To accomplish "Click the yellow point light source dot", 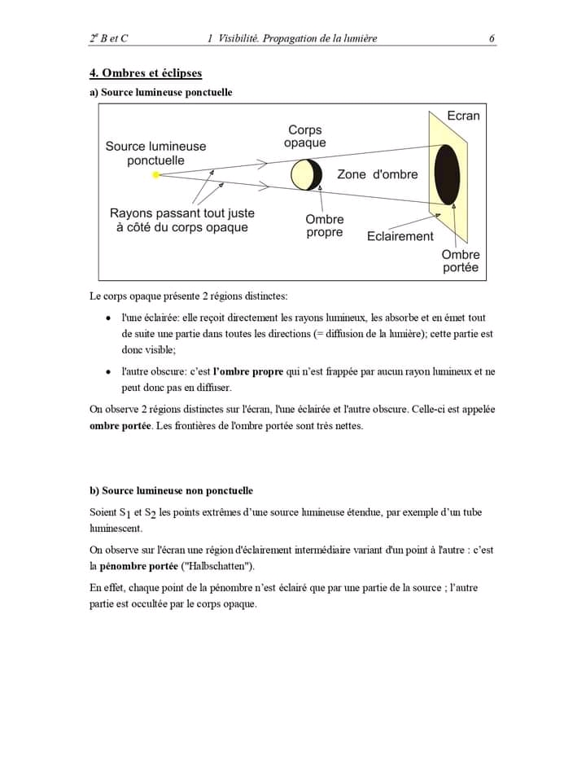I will tap(155, 174).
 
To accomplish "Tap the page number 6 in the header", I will tap(492, 38).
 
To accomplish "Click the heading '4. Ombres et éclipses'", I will tap(145, 73).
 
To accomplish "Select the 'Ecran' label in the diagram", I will tap(463, 116).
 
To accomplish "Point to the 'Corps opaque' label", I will tap(305, 136).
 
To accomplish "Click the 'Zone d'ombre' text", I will tap(377, 174).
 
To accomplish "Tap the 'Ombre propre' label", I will tap(325, 226).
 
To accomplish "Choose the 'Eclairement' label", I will tap(400, 236).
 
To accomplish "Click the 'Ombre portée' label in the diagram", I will tap(461, 261).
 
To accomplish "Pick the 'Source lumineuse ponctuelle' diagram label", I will tap(155, 153).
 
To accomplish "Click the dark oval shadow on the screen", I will tap(447, 174).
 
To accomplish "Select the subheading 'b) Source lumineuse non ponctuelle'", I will tap(171, 490).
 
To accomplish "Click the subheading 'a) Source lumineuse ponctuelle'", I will tap(160, 93).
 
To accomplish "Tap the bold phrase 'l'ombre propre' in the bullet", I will tap(247, 371).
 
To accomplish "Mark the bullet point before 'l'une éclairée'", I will tap(109, 318).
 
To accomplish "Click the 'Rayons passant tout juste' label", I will tap(181, 213).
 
